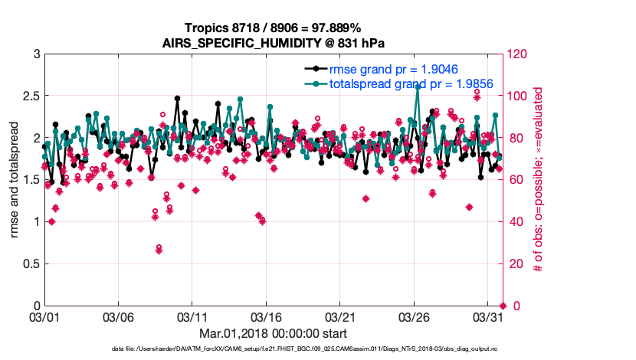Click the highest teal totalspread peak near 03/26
pyautogui.click(x=418, y=87)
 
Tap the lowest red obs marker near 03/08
pyautogui.click(x=159, y=249)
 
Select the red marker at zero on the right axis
pyautogui.click(x=503, y=306)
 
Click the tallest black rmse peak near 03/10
pyautogui.click(x=177, y=98)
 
